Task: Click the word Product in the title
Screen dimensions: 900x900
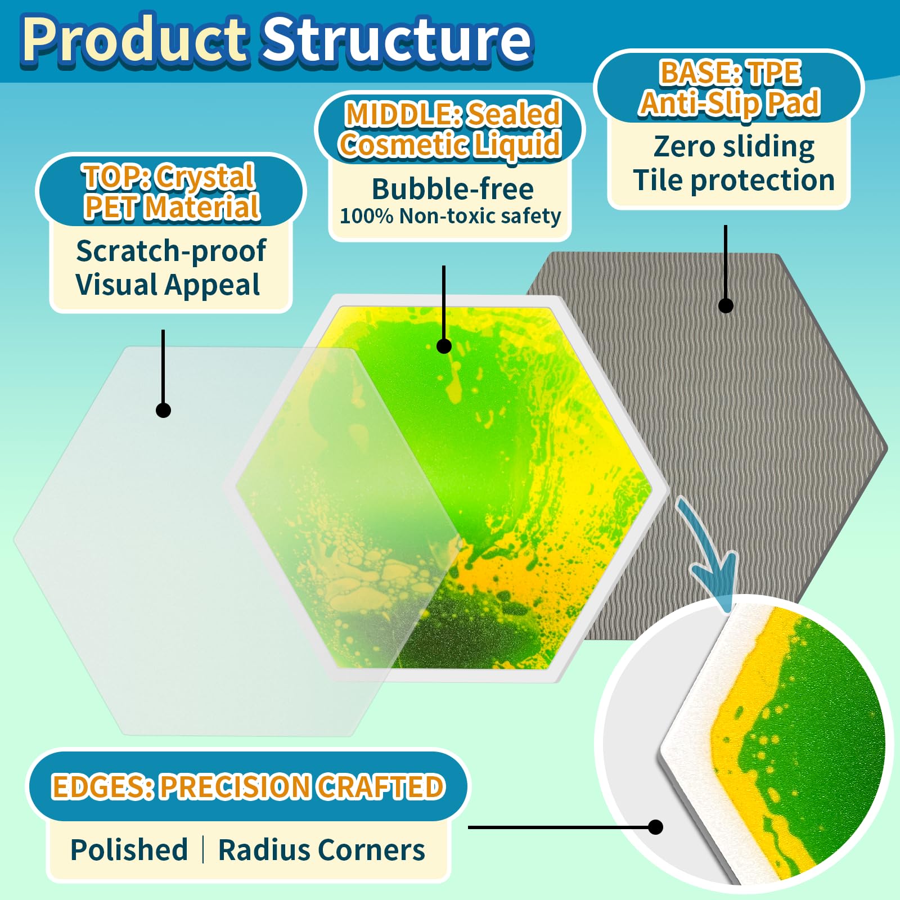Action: click(135, 40)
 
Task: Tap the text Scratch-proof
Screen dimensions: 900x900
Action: click(171, 251)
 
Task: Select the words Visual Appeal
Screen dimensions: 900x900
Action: click(168, 285)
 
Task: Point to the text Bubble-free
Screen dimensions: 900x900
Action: click(453, 189)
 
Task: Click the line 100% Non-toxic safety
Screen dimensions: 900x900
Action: click(451, 216)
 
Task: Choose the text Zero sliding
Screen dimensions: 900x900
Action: click(734, 147)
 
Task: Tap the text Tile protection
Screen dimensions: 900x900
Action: click(734, 181)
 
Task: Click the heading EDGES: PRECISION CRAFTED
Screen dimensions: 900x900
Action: click(248, 786)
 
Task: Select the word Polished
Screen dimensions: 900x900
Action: click(129, 849)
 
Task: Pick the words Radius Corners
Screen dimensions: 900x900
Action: click(322, 849)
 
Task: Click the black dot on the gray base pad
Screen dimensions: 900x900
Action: click(726, 305)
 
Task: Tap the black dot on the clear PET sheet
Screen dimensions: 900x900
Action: click(163, 410)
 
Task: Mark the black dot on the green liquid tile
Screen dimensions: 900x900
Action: click(444, 346)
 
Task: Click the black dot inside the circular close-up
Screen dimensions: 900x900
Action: click(655, 827)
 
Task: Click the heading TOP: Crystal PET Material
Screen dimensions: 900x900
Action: click(171, 192)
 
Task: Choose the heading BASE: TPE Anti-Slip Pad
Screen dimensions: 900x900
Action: click(730, 88)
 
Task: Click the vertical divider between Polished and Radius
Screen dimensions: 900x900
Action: click(203, 849)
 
